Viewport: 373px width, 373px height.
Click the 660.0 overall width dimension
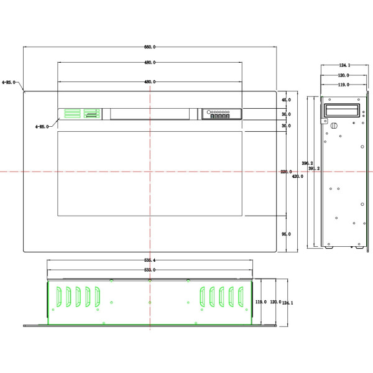pos(150,47)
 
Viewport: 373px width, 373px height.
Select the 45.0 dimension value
pos(286,100)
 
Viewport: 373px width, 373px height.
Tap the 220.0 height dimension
pos(286,172)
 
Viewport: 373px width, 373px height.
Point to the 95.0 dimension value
pos(286,234)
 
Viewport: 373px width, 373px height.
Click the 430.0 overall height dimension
pos(298,177)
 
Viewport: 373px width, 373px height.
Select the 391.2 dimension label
pos(314,168)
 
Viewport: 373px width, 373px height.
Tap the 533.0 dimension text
pos(150,270)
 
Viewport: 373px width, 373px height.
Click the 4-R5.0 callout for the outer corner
pos(9,81)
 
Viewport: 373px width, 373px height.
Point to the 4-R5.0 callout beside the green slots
pos(42,126)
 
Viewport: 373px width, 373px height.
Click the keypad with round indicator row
pos(219,114)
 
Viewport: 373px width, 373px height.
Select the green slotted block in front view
pos(79,114)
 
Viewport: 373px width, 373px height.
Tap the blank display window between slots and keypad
pos(150,114)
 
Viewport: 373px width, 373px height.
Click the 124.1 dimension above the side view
pos(344,65)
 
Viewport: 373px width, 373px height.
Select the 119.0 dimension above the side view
pos(343,85)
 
